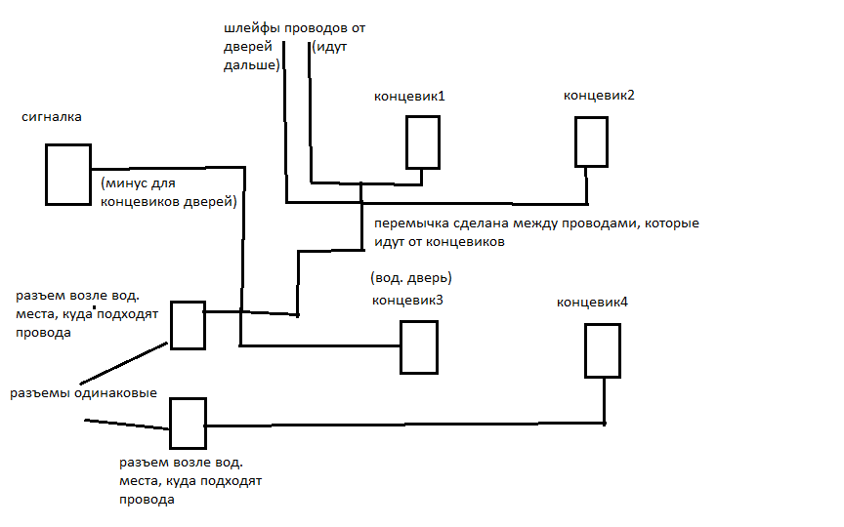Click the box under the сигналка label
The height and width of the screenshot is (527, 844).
[x=68, y=175]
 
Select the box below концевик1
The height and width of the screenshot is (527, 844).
[x=423, y=142]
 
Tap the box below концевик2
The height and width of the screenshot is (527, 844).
[x=591, y=142]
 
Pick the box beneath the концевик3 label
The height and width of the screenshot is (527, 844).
[x=419, y=346]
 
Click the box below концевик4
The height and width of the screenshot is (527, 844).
[x=603, y=350]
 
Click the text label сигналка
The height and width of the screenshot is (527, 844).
[x=51, y=117]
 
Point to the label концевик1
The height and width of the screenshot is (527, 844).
[x=410, y=97]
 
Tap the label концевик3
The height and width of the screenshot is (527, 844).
[x=407, y=300]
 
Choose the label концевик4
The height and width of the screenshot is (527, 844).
[x=593, y=302]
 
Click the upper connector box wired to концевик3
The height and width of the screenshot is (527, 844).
[x=188, y=325]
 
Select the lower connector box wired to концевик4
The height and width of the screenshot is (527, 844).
[x=188, y=423]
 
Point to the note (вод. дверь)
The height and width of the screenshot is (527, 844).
[x=411, y=277]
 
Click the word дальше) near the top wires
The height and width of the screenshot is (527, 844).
[x=251, y=64]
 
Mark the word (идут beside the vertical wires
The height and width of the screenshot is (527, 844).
[x=330, y=46]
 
